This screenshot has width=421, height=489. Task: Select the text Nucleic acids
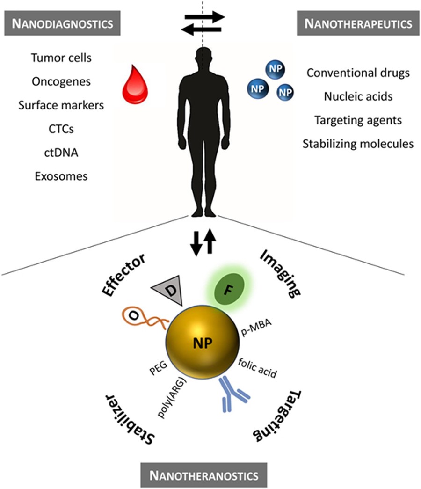tap(358, 96)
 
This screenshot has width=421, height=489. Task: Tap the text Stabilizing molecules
tap(358, 143)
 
